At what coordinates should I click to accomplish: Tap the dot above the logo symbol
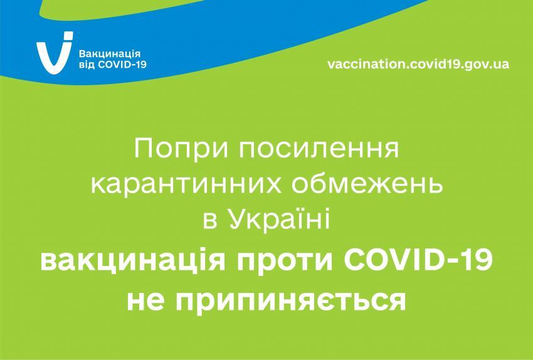[68, 35]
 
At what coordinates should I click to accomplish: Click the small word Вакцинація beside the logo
[110, 54]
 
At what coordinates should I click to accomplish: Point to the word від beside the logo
[87, 65]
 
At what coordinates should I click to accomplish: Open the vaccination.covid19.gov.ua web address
[418, 64]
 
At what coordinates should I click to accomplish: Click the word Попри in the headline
[181, 149]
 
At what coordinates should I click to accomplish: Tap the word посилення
[319, 149]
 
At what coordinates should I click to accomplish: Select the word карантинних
[186, 185]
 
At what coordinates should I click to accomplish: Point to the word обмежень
[367, 184]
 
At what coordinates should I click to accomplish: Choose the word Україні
[279, 221]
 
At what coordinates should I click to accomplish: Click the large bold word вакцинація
[133, 262]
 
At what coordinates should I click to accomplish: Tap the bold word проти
[285, 262]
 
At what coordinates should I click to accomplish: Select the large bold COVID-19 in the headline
[418, 260]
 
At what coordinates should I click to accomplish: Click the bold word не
[145, 302]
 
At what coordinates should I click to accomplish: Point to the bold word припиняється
[290, 302]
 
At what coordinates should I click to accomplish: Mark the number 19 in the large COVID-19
[477, 260]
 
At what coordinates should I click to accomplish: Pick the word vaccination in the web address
[366, 63]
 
